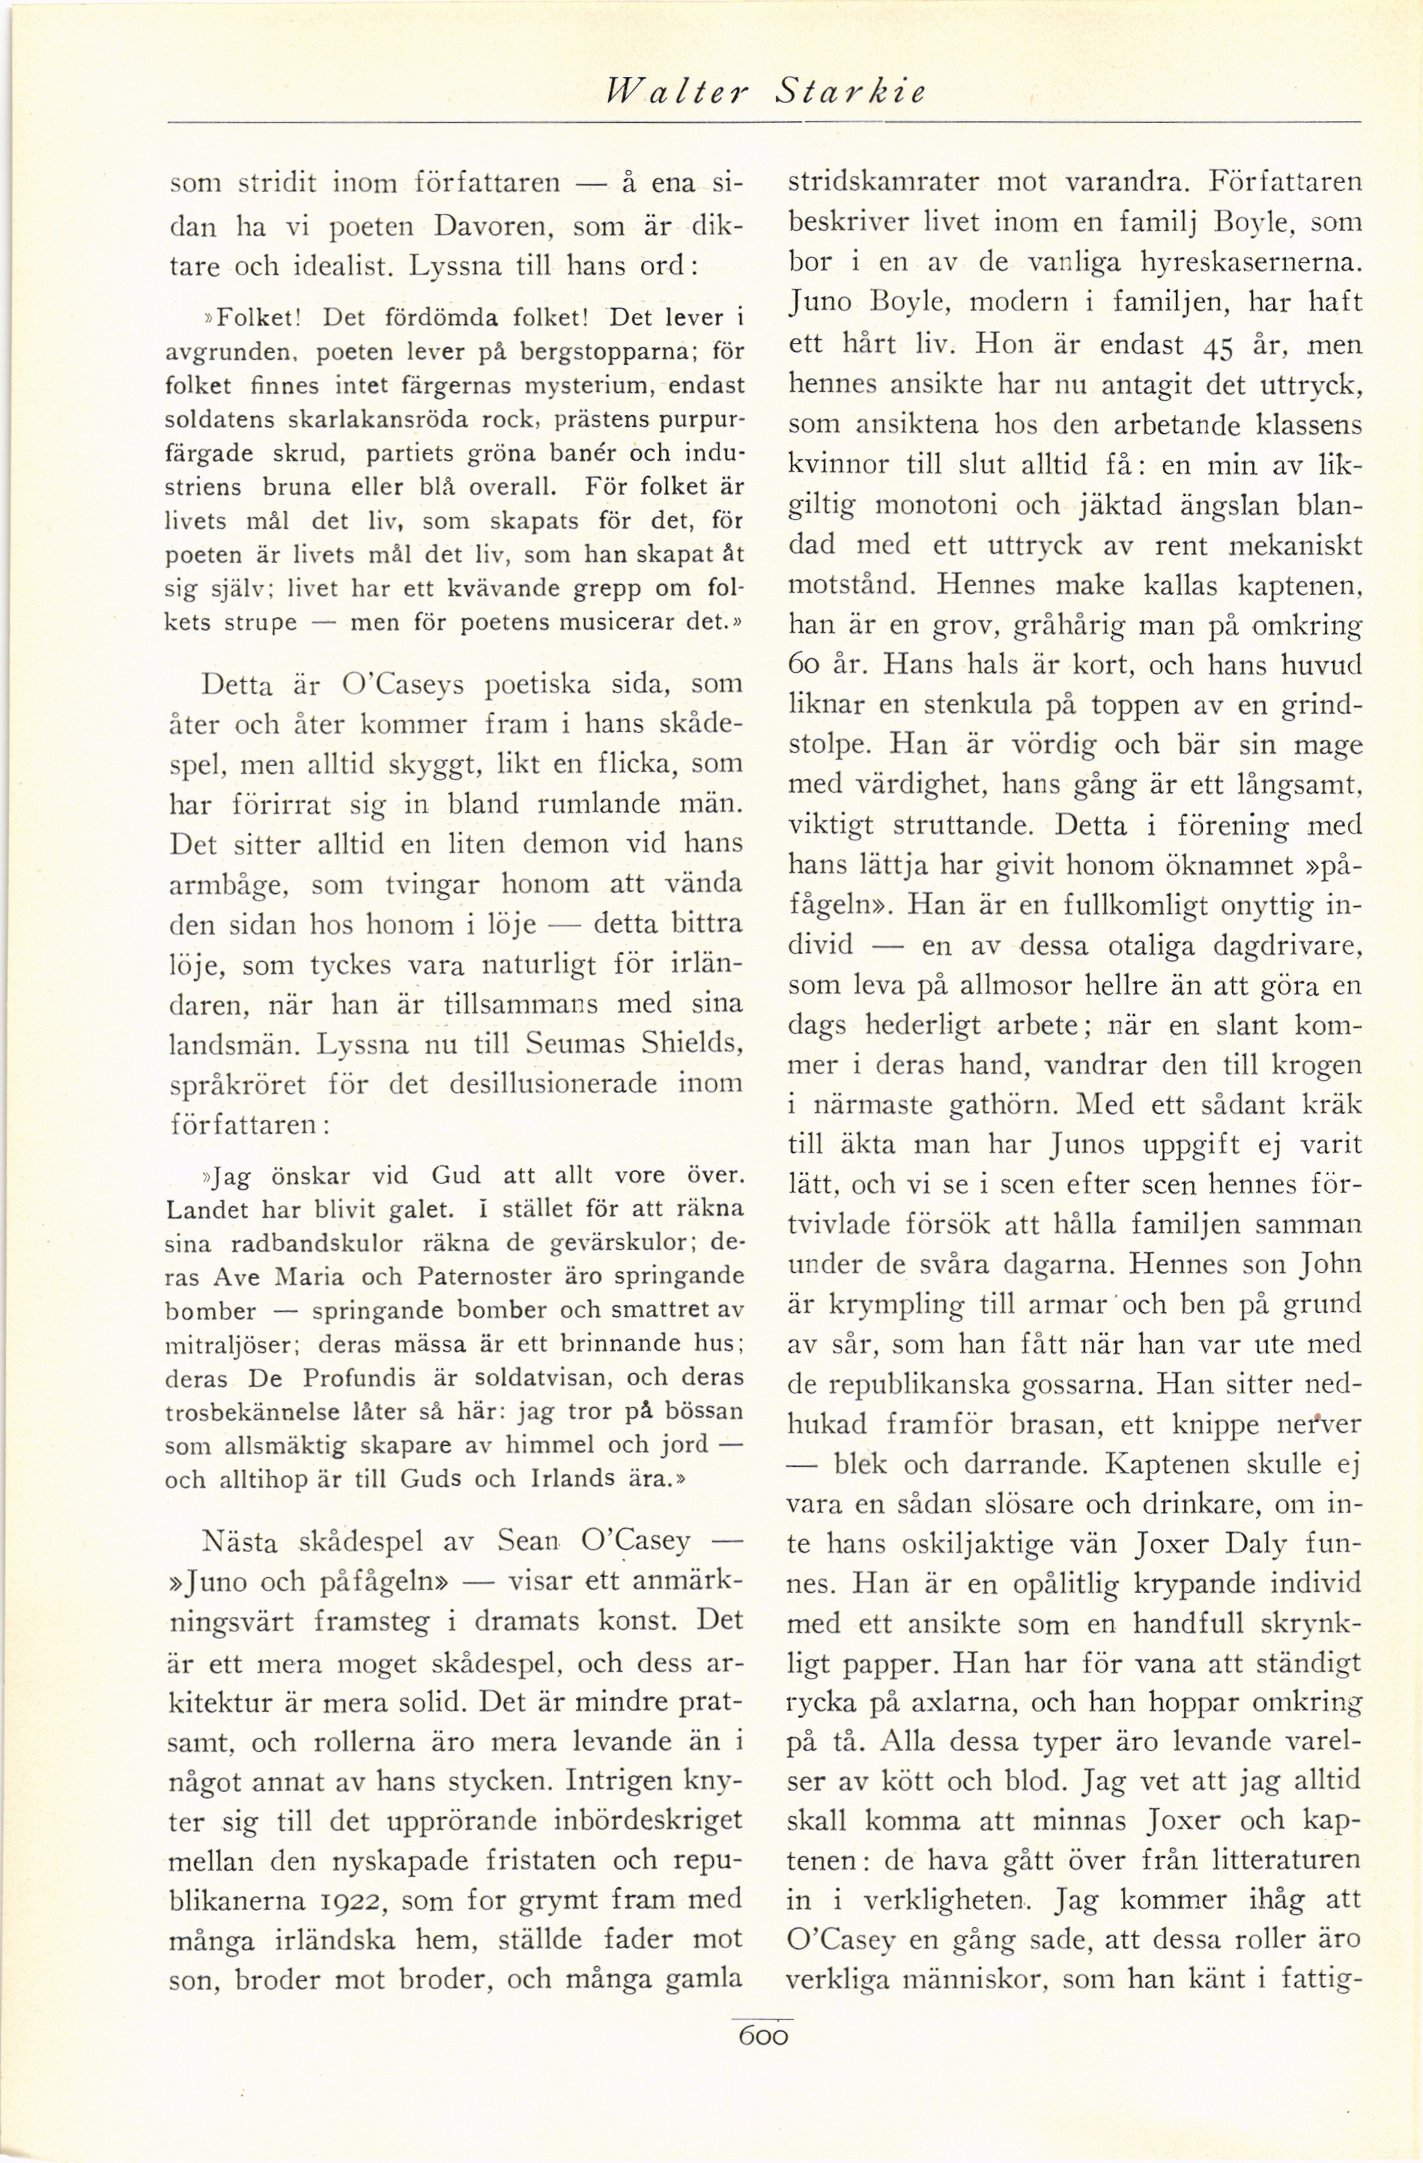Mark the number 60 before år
(x=804, y=665)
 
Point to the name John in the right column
(x=1331, y=1264)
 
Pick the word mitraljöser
(x=222, y=1344)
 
